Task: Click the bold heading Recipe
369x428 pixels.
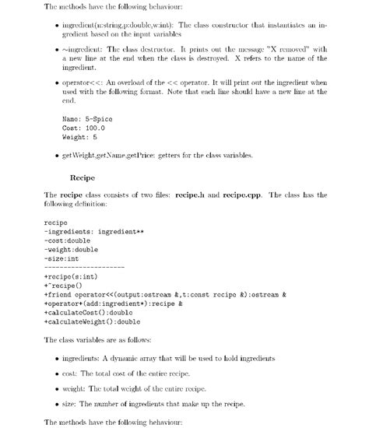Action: point(83,177)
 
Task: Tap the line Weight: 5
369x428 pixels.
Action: point(83,137)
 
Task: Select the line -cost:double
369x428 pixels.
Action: point(68,240)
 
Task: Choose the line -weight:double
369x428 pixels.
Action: point(72,250)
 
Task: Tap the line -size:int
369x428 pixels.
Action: point(61,258)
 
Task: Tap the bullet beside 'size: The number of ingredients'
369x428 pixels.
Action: point(59,405)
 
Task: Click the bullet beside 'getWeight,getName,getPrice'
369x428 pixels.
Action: point(59,156)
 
